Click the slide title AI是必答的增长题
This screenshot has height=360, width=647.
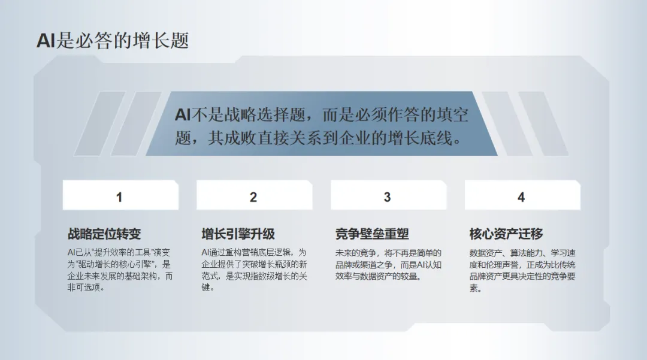pyautogui.click(x=113, y=40)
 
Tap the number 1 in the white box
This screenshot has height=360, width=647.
pyautogui.click(x=119, y=197)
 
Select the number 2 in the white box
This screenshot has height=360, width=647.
pyautogui.click(x=253, y=197)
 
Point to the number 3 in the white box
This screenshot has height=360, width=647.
pyautogui.click(x=387, y=197)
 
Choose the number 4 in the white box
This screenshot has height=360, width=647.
pyautogui.click(x=521, y=197)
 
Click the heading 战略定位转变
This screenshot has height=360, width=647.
pyautogui.click(x=104, y=234)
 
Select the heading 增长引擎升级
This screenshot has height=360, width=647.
pyautogui.click(x=238, y=234)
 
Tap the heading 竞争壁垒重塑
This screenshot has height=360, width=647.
pyautogui.click(x=372, y=234)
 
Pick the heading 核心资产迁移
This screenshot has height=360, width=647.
pyautogui.click(x=506, y=234)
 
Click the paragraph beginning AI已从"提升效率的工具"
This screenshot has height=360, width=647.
pyautogui.click(x=120, y=270)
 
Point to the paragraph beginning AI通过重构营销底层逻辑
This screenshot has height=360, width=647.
pyautogui.click(x=254, y=270)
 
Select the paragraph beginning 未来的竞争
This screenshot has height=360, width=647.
pyautogui.click(x=388, y=264)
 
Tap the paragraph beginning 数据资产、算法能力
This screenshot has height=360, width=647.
pyautogui.click(x=522, y=270)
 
